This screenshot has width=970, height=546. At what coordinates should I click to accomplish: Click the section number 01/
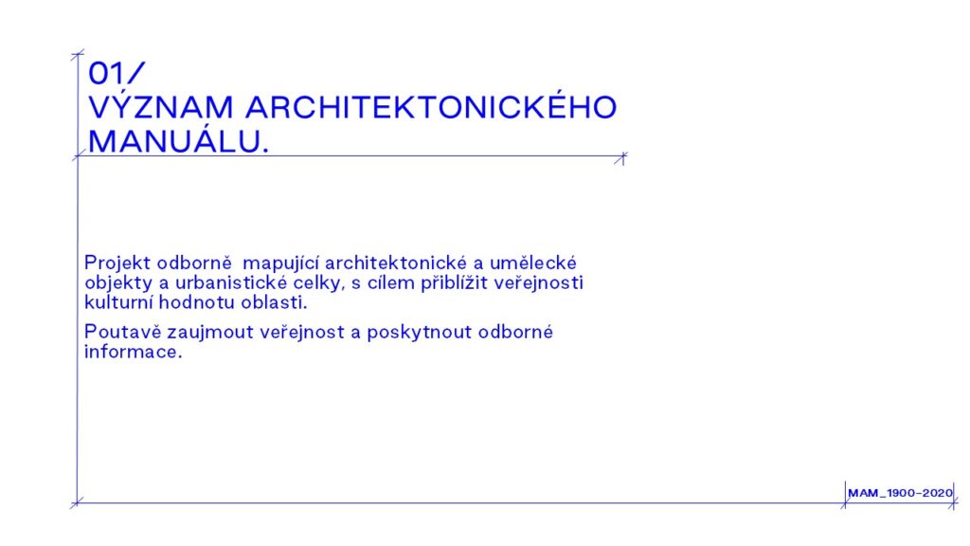117,73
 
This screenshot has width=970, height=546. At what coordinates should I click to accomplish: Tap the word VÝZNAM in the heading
161,106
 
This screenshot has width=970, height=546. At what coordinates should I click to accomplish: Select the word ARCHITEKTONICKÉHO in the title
431,106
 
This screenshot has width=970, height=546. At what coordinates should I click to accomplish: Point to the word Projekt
117,264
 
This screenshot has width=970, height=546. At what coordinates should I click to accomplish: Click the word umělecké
532,263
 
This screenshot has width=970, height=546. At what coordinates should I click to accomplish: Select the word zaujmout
209,333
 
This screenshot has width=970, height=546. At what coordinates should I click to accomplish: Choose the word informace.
134,352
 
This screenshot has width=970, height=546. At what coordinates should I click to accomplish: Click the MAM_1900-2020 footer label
900,493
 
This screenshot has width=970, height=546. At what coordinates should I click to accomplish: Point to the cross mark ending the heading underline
621,158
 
